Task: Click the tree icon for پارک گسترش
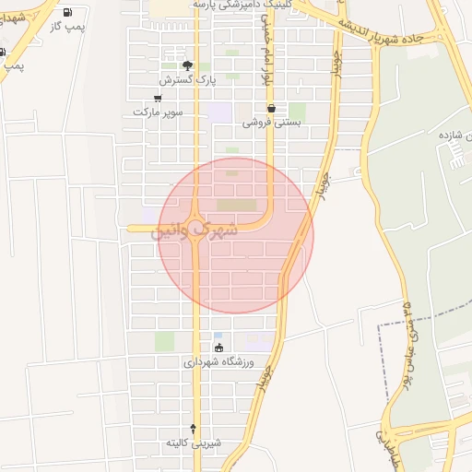click(x=188, y=65)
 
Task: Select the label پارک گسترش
click(x=206, y=80)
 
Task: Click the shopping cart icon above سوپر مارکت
click(x=159, y=98)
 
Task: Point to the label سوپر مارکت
click(x=158, y=112)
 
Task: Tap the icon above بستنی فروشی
click(x=270, y=108)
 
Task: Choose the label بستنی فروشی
click(x=272, y=122)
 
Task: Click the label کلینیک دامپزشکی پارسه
click(x=248, y=6)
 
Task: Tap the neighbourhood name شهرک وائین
click(x=195, y=230)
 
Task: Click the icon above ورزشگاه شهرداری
click(x=218, y=348)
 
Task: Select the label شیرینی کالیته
click(x=193, y=443)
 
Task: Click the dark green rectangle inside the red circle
click(x=237, y=205)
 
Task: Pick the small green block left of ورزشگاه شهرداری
click(x=164, y=341)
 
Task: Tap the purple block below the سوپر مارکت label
click(x=219, y=112)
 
